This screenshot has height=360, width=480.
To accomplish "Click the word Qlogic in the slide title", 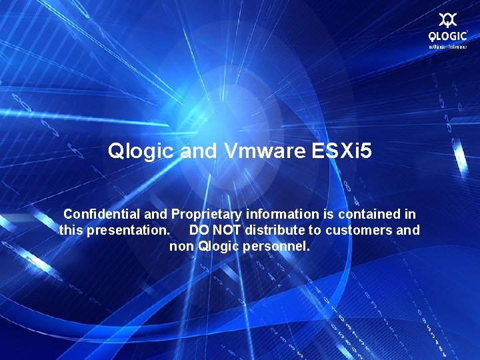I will (x=142, y=151).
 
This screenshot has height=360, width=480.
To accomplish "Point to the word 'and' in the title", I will (x=199, y=151).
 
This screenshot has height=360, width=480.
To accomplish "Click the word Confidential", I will (x=102, y=214).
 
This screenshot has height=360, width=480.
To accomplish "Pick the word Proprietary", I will (x=207, y=214).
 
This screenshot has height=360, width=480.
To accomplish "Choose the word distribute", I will (x=273, y=230).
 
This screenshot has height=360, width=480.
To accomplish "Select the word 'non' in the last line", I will (x=182, y=247).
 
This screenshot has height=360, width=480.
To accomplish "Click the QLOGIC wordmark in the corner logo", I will (x=447, y=37).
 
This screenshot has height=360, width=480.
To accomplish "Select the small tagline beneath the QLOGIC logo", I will (x=447, y=47).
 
